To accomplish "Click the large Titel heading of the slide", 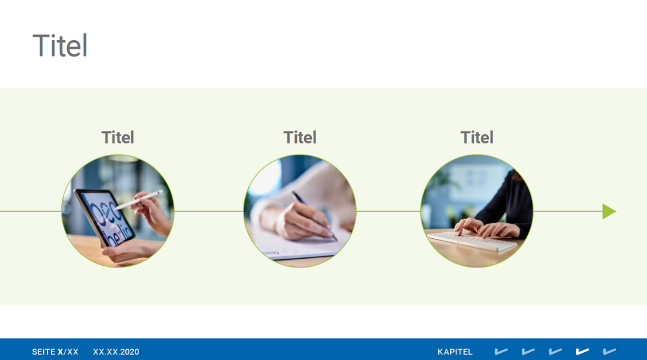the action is (x=60, y=46).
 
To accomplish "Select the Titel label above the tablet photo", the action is (x=118, y=137).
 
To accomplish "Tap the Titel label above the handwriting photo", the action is (x=300, y=137).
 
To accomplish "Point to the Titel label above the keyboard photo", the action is (x=477, y=137).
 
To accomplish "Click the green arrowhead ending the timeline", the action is (x=609, y=211).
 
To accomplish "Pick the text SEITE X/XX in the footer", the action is (x=55, y=352).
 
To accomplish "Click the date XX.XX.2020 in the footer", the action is (x=116, y=352).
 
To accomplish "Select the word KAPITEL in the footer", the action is (x=455, y=352).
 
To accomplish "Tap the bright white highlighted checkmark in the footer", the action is (x=582, y=352).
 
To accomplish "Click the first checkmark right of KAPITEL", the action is (x=501, y=352).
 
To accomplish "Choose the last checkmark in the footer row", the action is (x=609, y=352).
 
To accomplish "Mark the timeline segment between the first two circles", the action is (x=209, y=211).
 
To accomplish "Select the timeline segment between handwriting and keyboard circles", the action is (x=389, y=211).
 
